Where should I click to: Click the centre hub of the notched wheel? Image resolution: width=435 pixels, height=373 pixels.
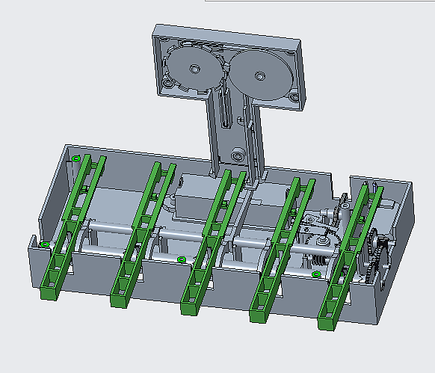tap(194, 69)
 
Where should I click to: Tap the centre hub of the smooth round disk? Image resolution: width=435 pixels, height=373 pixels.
tap(259, 76)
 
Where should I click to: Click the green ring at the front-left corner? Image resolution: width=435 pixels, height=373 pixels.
tap(44, 244)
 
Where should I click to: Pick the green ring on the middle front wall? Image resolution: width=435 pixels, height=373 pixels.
tap(182, 259)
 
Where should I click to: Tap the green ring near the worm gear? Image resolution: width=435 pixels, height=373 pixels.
tap(316, 274)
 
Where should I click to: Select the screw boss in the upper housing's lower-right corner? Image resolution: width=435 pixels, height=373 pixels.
tap(294, 97)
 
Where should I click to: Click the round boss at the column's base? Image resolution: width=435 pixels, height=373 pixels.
tap(238, 155)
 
